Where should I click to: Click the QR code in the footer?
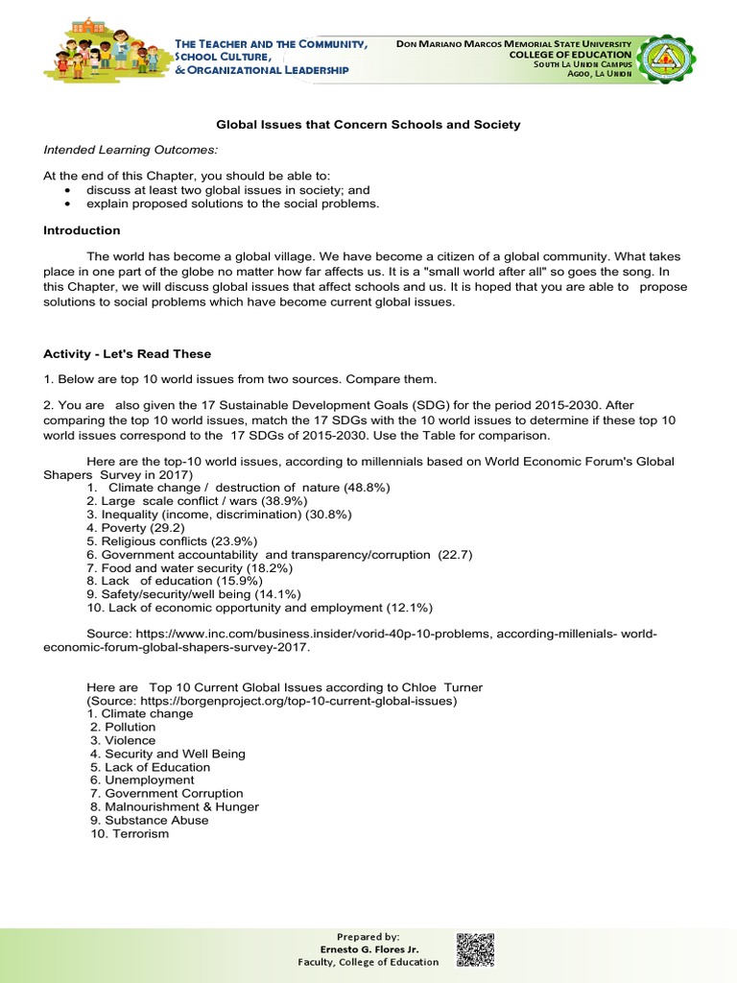[x=474, y=948]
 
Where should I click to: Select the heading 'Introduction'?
[x=82, y=230]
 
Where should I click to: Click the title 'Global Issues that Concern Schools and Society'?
[x=368, y=125]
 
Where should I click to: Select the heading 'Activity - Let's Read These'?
[x=127, y=354]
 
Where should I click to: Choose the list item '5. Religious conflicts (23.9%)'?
[x=168, y=541]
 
